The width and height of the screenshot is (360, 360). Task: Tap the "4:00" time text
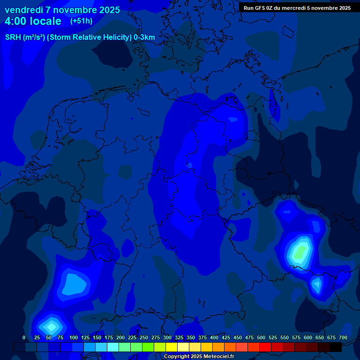(x=17, y=21)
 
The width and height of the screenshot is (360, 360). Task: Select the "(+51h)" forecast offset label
(x=81, y=21)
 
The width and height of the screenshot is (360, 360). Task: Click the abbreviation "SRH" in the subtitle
(x=14, y=37)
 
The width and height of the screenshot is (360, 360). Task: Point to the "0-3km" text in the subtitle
(x=144, y=37)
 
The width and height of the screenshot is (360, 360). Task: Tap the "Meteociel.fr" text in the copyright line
(x=215, y=357)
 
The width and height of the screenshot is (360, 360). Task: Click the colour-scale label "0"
(x=24, y=338)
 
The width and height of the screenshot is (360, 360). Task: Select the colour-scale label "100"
(x=73, y=338)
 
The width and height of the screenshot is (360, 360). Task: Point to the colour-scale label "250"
(x=143, y=338)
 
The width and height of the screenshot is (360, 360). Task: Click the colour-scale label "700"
(x=343, y=338)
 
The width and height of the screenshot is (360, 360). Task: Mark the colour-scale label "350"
(x=191, y=338)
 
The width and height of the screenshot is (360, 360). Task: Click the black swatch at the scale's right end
(x=336, y=347)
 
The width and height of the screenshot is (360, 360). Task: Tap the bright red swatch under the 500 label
(x=265, y=347)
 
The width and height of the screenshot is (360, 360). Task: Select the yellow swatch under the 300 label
(x=172, y=347)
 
